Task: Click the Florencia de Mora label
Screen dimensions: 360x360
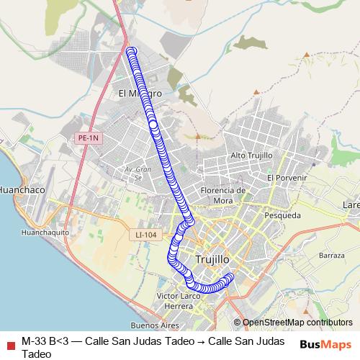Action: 224,195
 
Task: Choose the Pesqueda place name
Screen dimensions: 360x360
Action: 282,215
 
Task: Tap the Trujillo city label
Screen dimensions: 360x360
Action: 212,258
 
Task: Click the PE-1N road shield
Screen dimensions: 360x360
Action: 89,137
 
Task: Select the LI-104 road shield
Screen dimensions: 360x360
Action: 145,235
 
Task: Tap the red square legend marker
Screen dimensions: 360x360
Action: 10,341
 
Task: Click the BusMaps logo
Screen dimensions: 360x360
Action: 325,345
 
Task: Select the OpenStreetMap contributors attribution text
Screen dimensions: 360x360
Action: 297,323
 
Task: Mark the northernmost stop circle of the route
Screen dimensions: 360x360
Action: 131,51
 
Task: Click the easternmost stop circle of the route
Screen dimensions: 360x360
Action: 230,277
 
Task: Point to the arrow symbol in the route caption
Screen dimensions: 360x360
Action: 192,341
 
